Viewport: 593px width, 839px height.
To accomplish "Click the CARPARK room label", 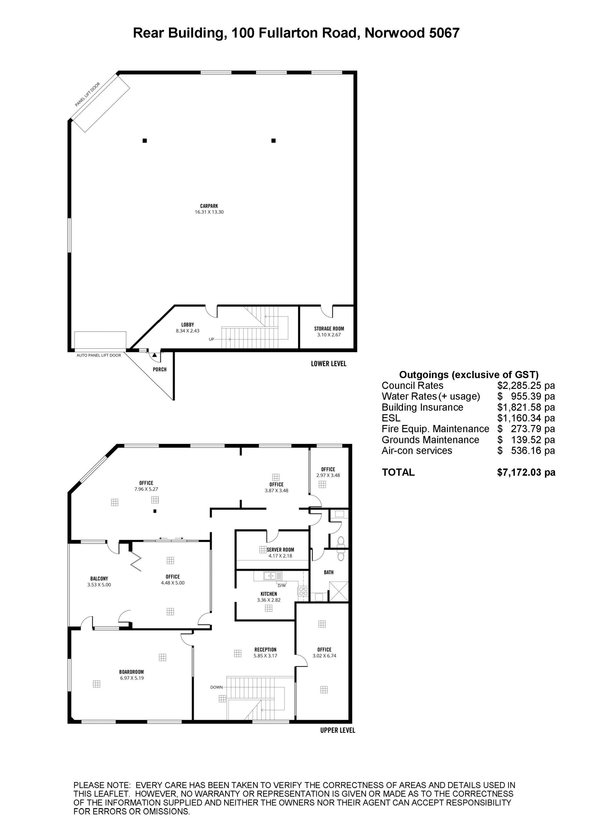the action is [x=209, y=206].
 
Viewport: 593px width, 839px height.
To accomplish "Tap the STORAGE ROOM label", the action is [x=329, y=329].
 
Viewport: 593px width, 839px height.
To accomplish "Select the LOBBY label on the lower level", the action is [x=188, y=325].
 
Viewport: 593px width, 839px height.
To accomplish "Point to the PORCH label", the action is [x=160, y=369].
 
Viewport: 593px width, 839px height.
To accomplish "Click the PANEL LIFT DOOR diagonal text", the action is [x=88, y=95].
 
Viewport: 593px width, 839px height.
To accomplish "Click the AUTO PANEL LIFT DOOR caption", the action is [x=99, y=355].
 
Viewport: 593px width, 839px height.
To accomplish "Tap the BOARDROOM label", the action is [x=132, y=672].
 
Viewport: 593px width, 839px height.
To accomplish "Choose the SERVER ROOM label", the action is [x=280, y=550].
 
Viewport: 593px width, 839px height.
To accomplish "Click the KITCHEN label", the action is [x=269, y=594].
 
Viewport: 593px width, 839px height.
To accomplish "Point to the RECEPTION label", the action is [x=266, y=649].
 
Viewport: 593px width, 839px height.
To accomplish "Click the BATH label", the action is [x=329, y=572].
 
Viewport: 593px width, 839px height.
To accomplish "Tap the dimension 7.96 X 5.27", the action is [x=146, y=489].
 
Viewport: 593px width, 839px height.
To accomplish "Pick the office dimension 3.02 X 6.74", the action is [x=324, y=656].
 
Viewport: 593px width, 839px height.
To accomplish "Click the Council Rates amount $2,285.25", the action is [x=519, y=386].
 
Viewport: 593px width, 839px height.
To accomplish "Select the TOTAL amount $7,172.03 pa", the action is [x=526, y=472].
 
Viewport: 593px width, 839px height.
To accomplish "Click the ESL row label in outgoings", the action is [x=391, y=418].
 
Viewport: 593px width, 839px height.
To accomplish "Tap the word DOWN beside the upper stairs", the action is [x=217, y=687].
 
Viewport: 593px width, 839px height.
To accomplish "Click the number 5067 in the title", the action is [x=444, y=33].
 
